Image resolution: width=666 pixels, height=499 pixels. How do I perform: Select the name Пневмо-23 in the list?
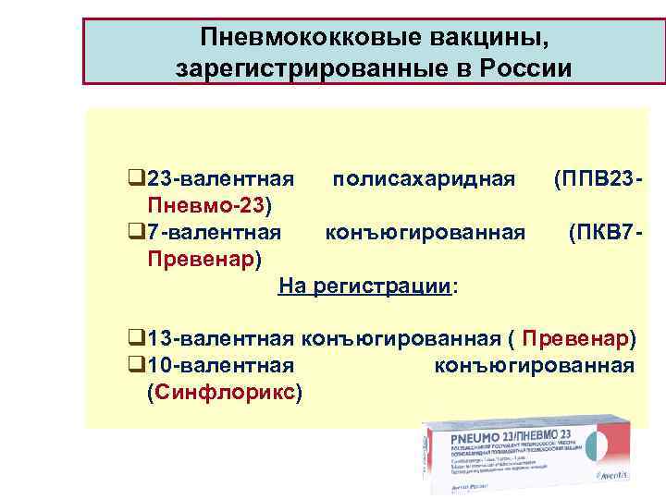coord(212,202)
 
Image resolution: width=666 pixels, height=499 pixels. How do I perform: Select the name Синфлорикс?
coord(221,392)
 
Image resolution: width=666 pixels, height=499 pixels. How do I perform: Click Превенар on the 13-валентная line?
coord(578,338)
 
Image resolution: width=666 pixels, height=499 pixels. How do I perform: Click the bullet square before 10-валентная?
coord(136,365)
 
